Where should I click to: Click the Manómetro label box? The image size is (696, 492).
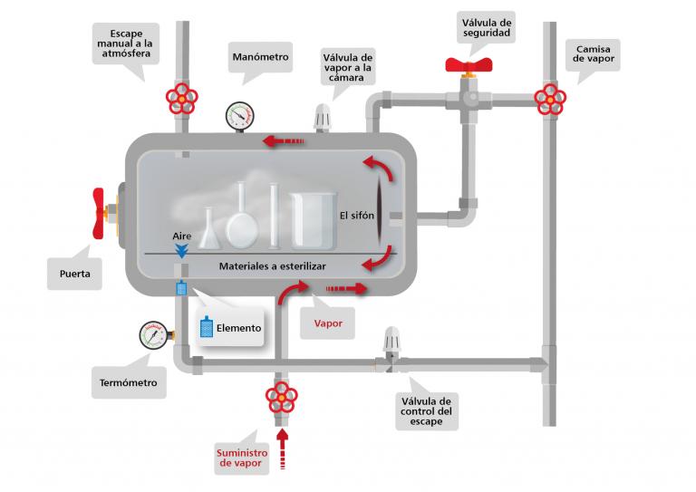(x=260, y=57)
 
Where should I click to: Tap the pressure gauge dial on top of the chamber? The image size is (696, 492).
(x=240, y=115)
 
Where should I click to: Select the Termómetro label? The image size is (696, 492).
(x=128, y=382)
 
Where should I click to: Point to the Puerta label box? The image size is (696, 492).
(x=75, y=271)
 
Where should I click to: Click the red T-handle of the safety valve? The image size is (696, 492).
(x=469, y=65)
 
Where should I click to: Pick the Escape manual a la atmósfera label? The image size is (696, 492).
(x=128, y=42)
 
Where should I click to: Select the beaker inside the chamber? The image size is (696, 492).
(x=313, y=220)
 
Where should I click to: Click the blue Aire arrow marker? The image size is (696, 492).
(x=182, y=250)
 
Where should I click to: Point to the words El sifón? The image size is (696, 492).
(x=356, y=216)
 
